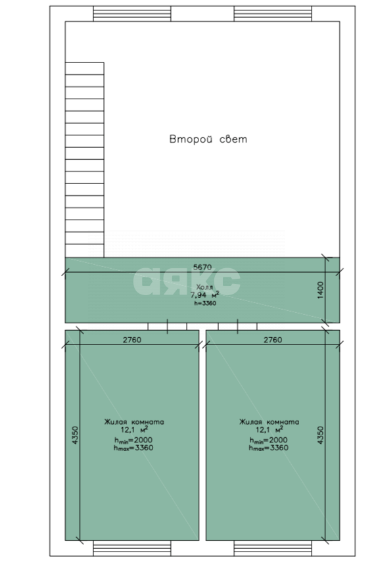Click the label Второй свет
point(208,139)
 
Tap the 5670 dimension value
point(202,267)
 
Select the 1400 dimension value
point(321,290)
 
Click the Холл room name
point(204,287)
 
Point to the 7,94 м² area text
point(204,295)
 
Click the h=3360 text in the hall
point(205,303)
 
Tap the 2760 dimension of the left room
point(132,340)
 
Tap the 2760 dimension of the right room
point(273,340)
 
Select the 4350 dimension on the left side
point(75,435)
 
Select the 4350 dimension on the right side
point(321,435)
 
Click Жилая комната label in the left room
point(134,421)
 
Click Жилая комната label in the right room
point(269,421)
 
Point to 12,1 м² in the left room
point(134,429)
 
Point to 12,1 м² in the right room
point(269,429)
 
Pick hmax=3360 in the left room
point(133,448)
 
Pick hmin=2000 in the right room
point(269,440)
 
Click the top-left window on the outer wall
point(132,14)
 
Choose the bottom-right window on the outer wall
point(273,548)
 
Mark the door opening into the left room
point(167,326)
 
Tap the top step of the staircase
point(85,68)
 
